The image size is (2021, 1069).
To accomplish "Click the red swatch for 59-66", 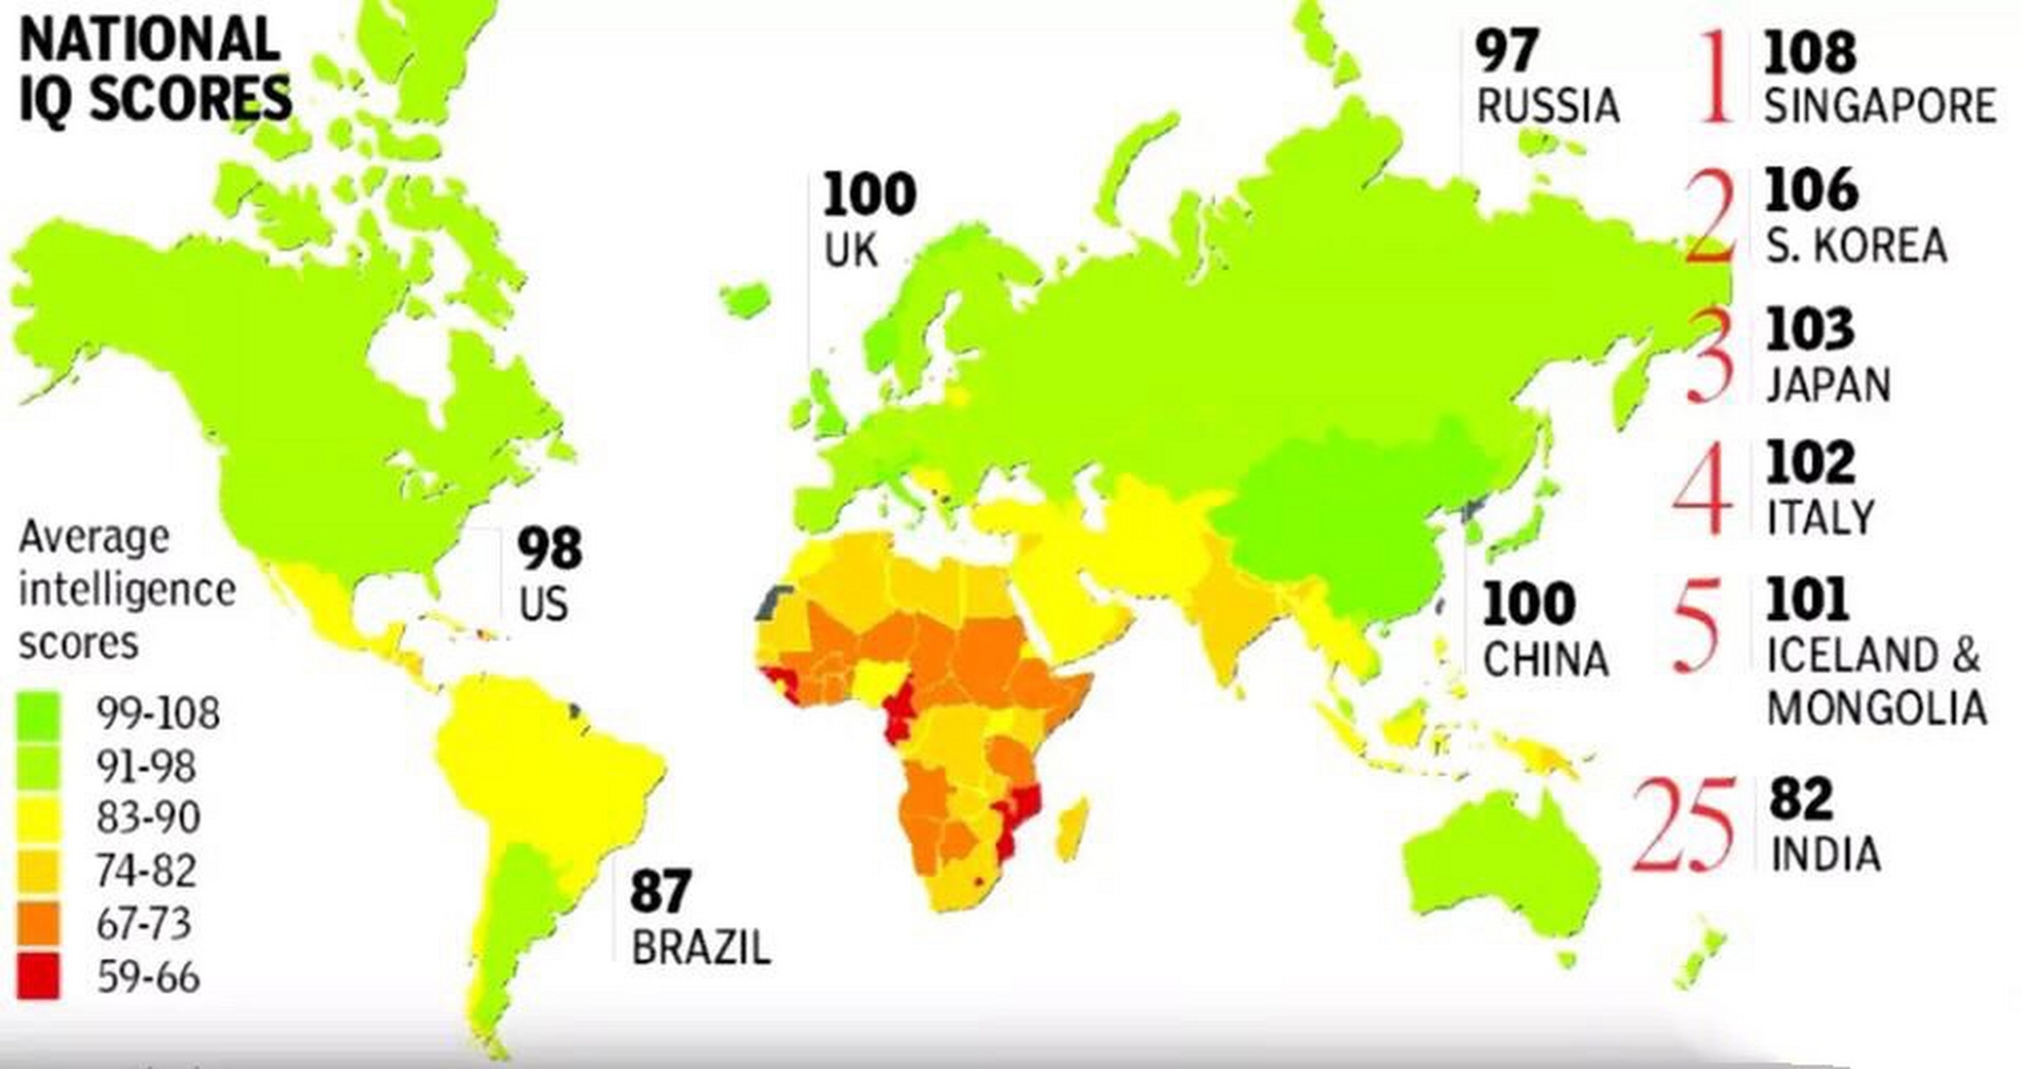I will point(38,975).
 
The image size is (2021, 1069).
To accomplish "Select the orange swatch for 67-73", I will point(38,923).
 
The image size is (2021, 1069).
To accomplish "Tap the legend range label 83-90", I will point(148,817).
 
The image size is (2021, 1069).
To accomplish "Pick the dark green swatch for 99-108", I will point(38,714).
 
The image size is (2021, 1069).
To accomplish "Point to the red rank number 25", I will point(1683,825).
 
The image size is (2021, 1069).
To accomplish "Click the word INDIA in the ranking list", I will point(1826,854).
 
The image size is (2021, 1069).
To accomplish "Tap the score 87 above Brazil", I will point(660,890).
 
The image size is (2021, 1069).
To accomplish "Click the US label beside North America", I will point(543,604).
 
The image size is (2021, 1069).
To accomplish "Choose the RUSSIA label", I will point(1548,106).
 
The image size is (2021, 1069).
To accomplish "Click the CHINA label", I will point(1546,660).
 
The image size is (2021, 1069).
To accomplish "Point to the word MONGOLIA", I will point(1876,708).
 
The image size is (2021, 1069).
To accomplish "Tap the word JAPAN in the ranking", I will point(1828,385).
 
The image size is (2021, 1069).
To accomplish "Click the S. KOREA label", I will point(1856,246).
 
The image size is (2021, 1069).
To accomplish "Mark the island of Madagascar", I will point(1072,828).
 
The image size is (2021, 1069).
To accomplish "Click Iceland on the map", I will point(746,298).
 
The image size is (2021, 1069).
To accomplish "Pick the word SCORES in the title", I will point(190,98).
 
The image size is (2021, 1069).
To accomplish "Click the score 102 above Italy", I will point(1810,462).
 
